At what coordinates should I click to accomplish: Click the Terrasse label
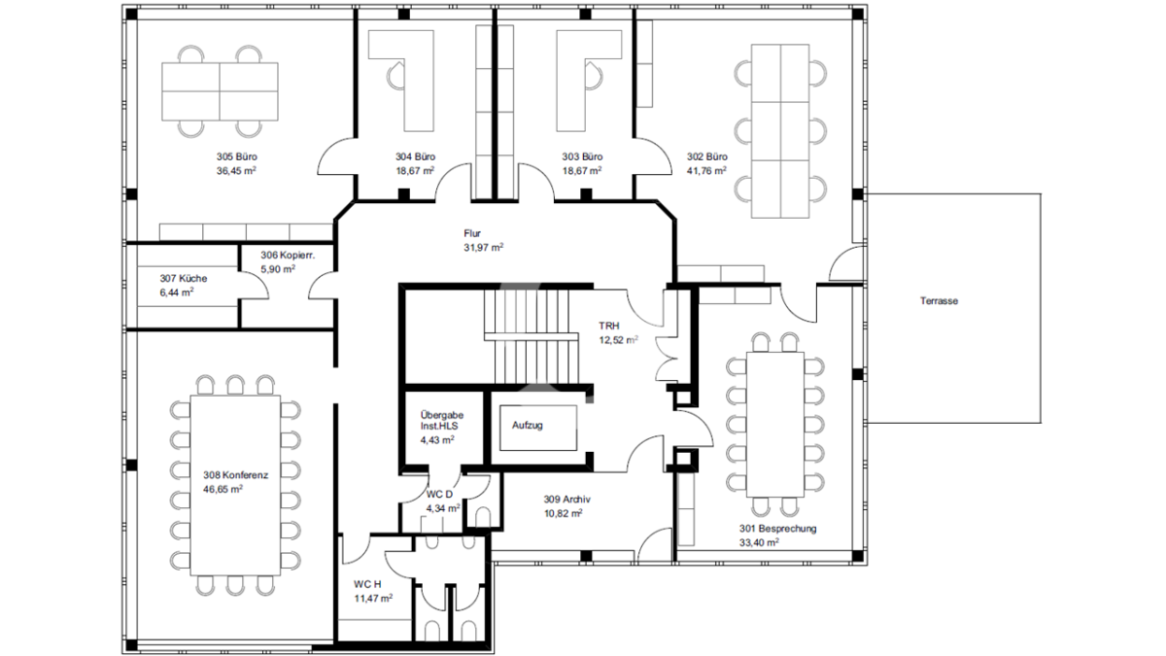coord(939,301)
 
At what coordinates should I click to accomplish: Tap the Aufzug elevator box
coord(538,428)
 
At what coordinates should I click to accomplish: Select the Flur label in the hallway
coord(472,233)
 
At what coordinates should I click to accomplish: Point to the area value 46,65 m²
coord(223,490)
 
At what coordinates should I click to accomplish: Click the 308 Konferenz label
coord(236,475)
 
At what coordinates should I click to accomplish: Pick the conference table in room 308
coord(235,485)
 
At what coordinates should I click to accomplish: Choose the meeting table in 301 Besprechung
coord(775,425)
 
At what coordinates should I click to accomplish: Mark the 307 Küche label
coord(184,279)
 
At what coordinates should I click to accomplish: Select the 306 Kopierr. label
coord(288,256)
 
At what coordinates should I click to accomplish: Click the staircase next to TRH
coord(531,337)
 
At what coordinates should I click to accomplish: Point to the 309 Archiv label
coord(566,500)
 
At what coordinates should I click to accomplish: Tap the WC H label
coord(367,584)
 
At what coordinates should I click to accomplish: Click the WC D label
coord(439,494)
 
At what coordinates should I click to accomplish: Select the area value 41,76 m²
coord(706,171)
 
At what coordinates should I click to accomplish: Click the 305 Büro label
coord(237,156)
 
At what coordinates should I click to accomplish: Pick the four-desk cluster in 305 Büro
coord(220,91)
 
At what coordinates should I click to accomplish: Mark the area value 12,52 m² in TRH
coord(618,340)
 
